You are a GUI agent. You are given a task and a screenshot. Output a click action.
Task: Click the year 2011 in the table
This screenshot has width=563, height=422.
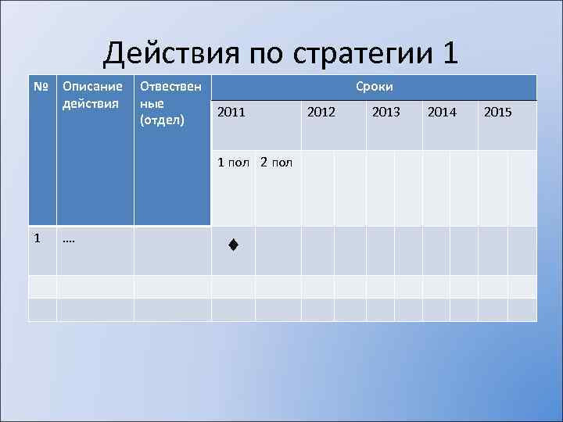pos(231,113)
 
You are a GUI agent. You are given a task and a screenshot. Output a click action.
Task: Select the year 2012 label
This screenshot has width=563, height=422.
pos(321,113)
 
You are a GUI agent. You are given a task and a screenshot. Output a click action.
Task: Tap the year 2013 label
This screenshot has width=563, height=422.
pos(385,113)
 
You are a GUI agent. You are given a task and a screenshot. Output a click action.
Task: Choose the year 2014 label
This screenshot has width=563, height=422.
pos(442,113)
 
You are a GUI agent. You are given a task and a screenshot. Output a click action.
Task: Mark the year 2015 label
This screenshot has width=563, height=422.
pos(498,113)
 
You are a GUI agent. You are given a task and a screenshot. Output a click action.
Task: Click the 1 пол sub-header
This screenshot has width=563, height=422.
pos(233,163)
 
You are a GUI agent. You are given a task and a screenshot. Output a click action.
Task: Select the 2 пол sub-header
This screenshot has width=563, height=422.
pos(276,163)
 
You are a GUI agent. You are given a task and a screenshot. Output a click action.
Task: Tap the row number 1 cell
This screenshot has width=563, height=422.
pos(38,238)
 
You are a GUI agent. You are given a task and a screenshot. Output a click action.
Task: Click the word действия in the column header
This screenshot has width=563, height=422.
pos(91,103)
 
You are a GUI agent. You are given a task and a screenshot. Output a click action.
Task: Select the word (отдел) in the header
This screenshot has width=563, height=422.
pos(162,119)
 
